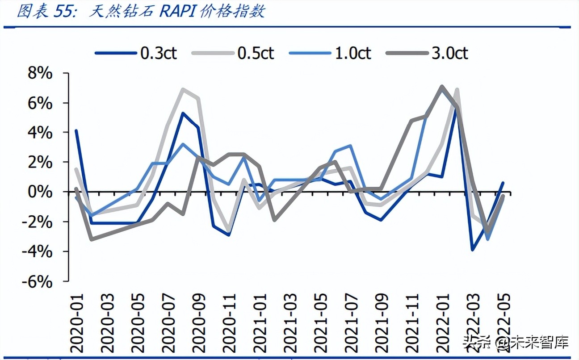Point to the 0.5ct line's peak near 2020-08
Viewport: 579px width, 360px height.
click(x=183, y=89)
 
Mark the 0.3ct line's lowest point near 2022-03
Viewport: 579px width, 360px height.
click(x=473, y=250)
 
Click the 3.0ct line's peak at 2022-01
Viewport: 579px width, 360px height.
click(x=442, y=86)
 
